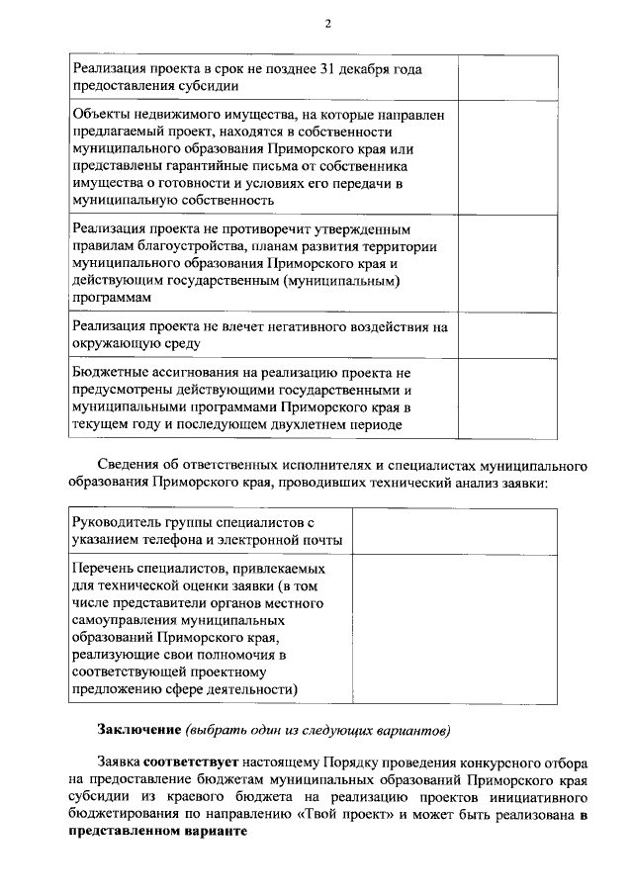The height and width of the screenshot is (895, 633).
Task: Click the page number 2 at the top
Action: click(x=327, y=25)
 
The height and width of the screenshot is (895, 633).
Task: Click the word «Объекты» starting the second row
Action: click(x=102, y=115)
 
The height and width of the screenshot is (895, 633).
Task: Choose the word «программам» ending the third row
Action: click(x=113, y=298)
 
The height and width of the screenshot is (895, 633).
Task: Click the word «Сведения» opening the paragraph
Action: click(x=128, y=466)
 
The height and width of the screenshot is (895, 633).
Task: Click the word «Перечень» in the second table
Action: click(x=104, y=569)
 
